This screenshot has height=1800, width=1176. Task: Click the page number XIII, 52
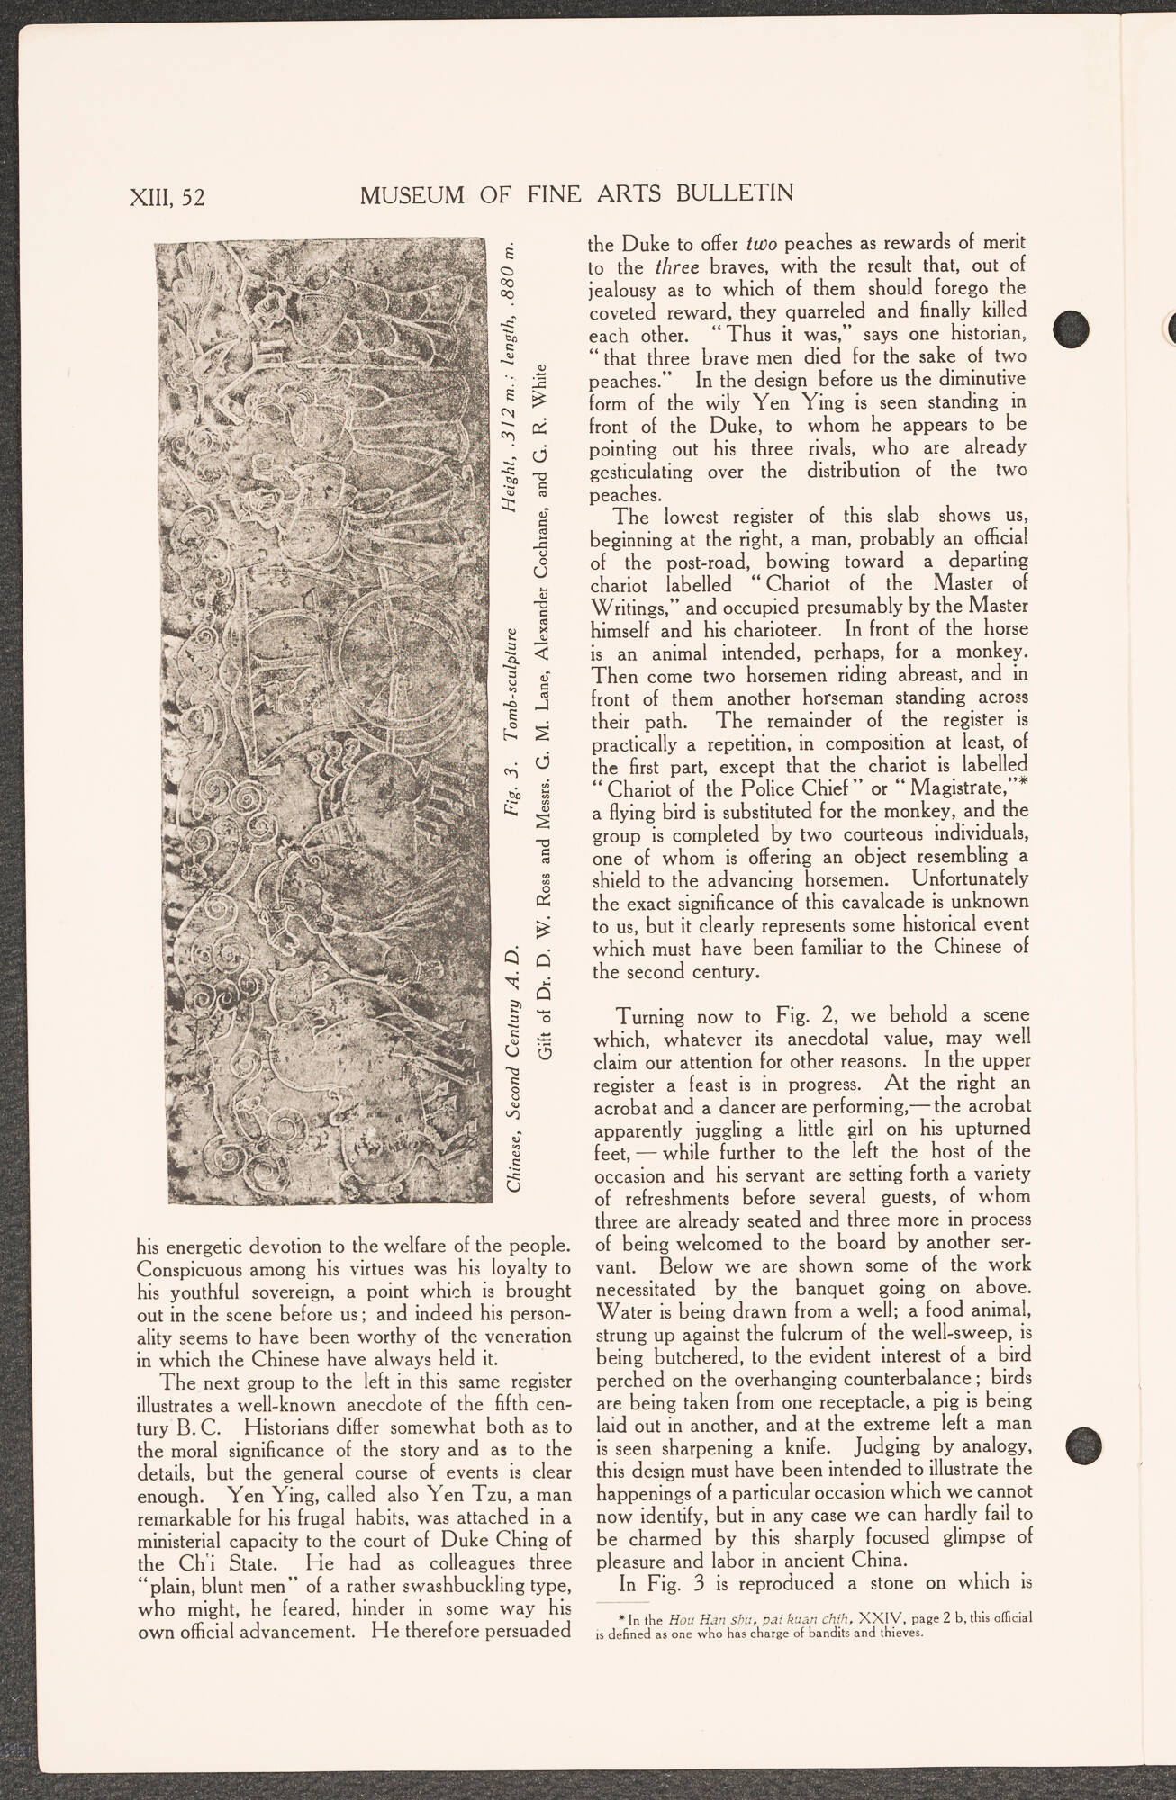click(168, 195)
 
